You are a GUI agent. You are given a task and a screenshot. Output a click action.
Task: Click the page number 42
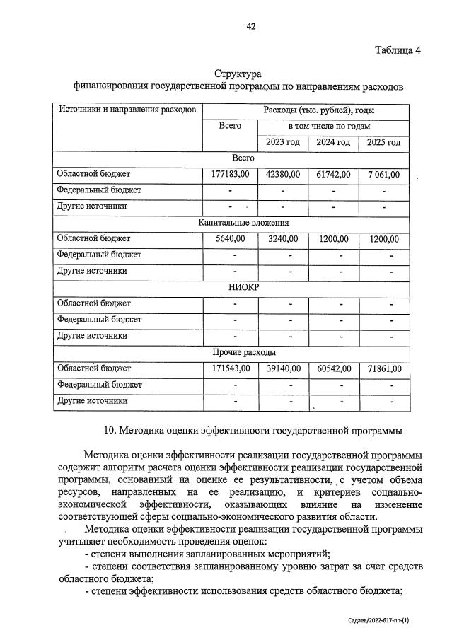[x=250, y=27]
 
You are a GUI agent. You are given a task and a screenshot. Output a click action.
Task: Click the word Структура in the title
[x=238, y=74]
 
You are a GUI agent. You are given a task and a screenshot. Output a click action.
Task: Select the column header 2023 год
[x=283, y=142]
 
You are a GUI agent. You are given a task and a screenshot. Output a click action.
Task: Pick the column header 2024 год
[x=333, y=142]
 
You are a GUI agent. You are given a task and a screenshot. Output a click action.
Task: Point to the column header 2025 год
[x=384, y=142]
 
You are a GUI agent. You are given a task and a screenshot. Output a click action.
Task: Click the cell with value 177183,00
[x=230, y=174]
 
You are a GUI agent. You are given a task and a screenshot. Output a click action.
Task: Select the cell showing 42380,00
[x=283, y=174]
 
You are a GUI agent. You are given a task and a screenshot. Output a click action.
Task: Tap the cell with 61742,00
[x=333, y=174]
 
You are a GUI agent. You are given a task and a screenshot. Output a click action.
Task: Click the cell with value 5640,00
[x=230, y=238]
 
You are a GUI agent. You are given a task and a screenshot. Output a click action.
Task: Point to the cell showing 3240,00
[x=283, y=238]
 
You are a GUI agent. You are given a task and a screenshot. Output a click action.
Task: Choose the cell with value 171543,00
[x=230, y=368]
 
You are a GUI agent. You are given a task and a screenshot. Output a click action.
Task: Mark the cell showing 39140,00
[x=283, y=368]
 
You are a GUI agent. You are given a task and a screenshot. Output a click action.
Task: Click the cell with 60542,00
[x=333, y=368]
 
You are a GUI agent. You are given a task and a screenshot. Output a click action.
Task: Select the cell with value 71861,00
[x=384, y=368]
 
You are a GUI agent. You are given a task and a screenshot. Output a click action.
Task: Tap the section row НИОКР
[x=243, y=287]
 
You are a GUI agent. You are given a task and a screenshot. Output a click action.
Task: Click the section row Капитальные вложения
[x=243, y=222]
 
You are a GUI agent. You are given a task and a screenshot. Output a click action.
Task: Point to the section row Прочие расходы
[x=243, y=352]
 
